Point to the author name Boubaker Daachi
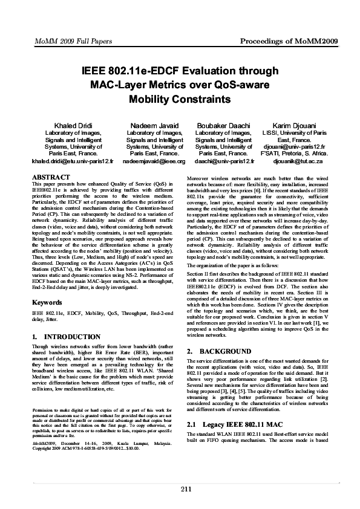[224, 125]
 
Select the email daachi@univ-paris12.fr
[224, 162]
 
